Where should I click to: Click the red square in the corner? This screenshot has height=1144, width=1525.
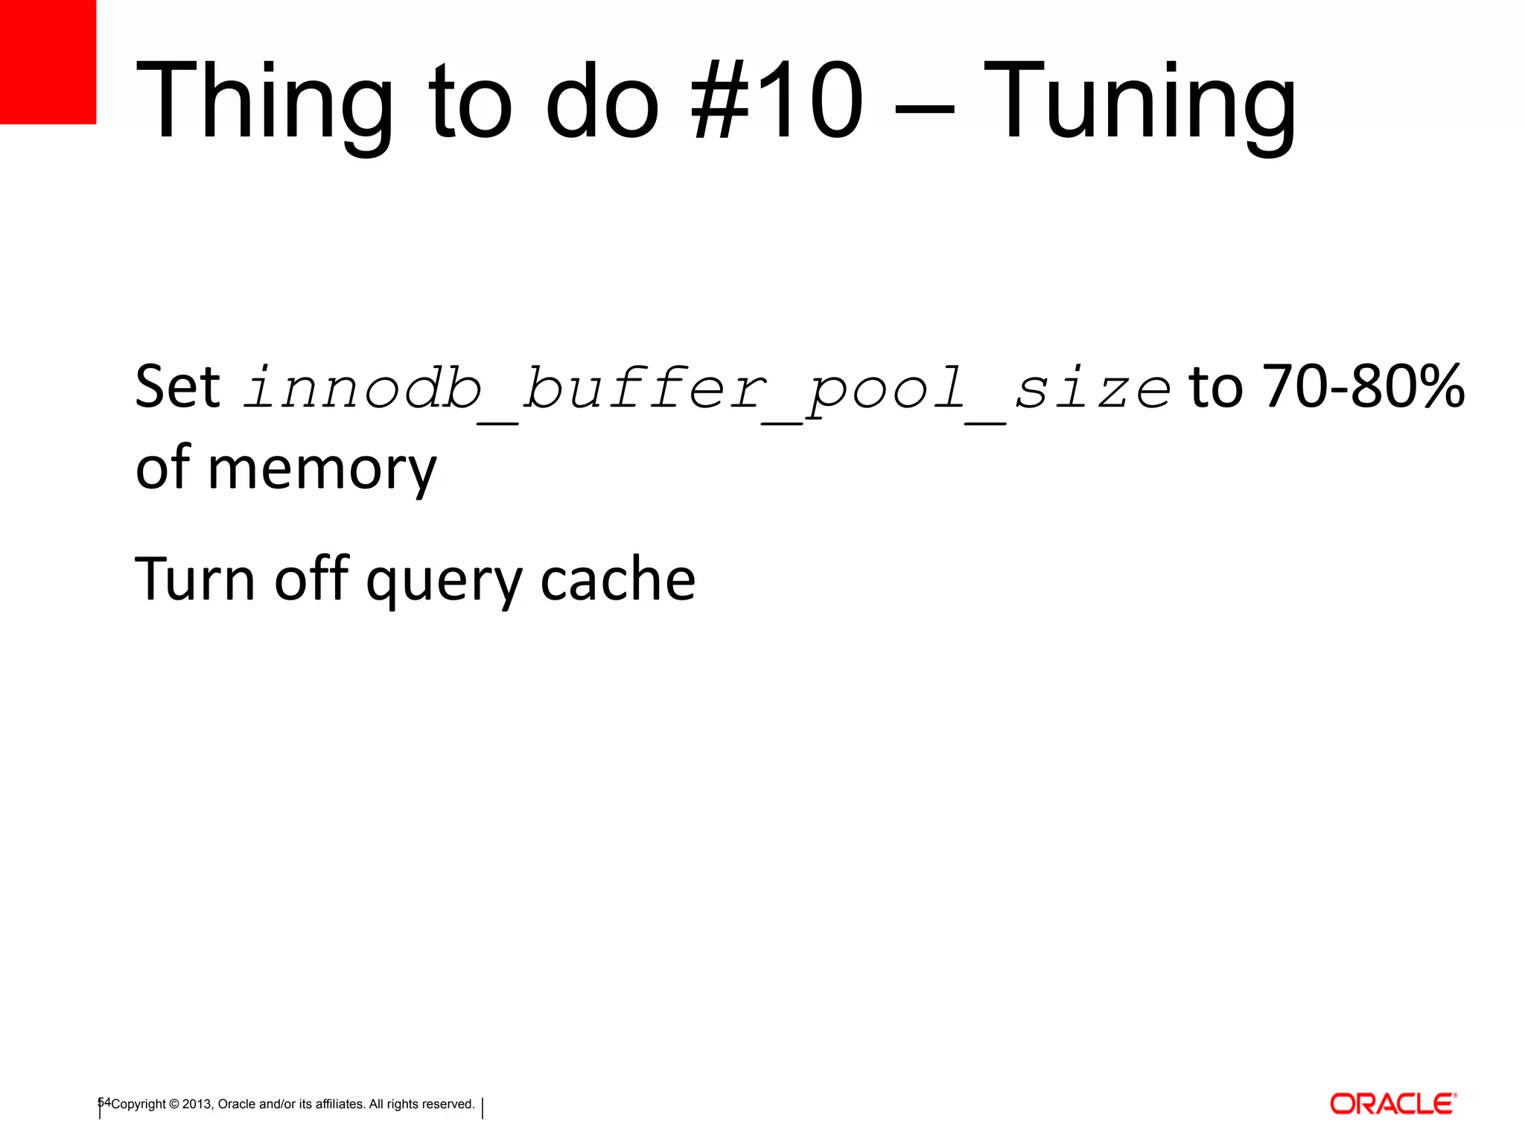tap(48, 61)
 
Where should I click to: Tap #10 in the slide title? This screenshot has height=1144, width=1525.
tap(778, 101)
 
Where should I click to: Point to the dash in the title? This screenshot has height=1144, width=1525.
tap(924, 110)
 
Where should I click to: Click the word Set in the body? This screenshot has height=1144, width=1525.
tap(177, 387)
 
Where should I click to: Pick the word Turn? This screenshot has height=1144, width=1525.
tap(195, 579)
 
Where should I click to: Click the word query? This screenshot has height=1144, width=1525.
tap(445, 581)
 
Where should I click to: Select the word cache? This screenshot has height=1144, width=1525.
tap(617, 579)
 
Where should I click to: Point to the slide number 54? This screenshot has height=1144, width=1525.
tap(104, 1102)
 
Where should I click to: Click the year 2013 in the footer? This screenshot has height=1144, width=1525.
tap(197, 1104)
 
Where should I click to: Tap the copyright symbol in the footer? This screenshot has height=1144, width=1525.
tap(174, 1104)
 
